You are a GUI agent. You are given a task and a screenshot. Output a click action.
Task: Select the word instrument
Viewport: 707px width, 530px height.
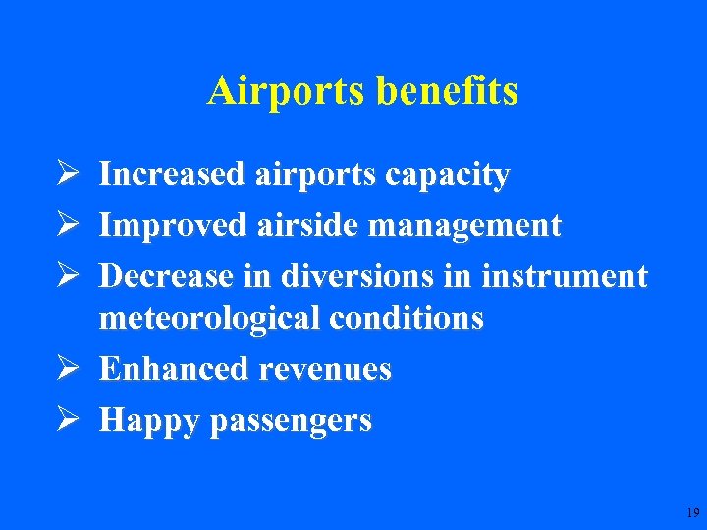(x=565, y=276)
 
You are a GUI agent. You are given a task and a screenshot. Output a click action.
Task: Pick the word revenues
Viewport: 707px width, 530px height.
(x=324, y=370)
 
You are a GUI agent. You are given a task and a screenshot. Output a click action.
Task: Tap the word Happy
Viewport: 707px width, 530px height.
(x=149, y=421)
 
